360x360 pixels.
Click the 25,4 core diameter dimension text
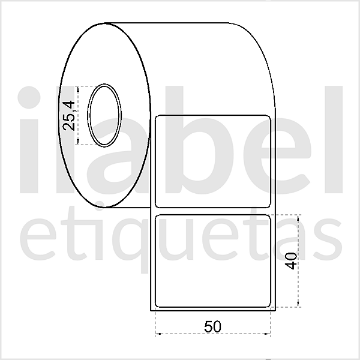click(x=69, y=115)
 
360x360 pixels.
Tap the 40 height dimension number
click(x=292, y=261)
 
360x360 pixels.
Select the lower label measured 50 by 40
click(x=214, y=261)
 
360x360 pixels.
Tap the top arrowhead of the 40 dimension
click(x=298, y=215)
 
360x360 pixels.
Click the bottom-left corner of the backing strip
click(x=150, y=311)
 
